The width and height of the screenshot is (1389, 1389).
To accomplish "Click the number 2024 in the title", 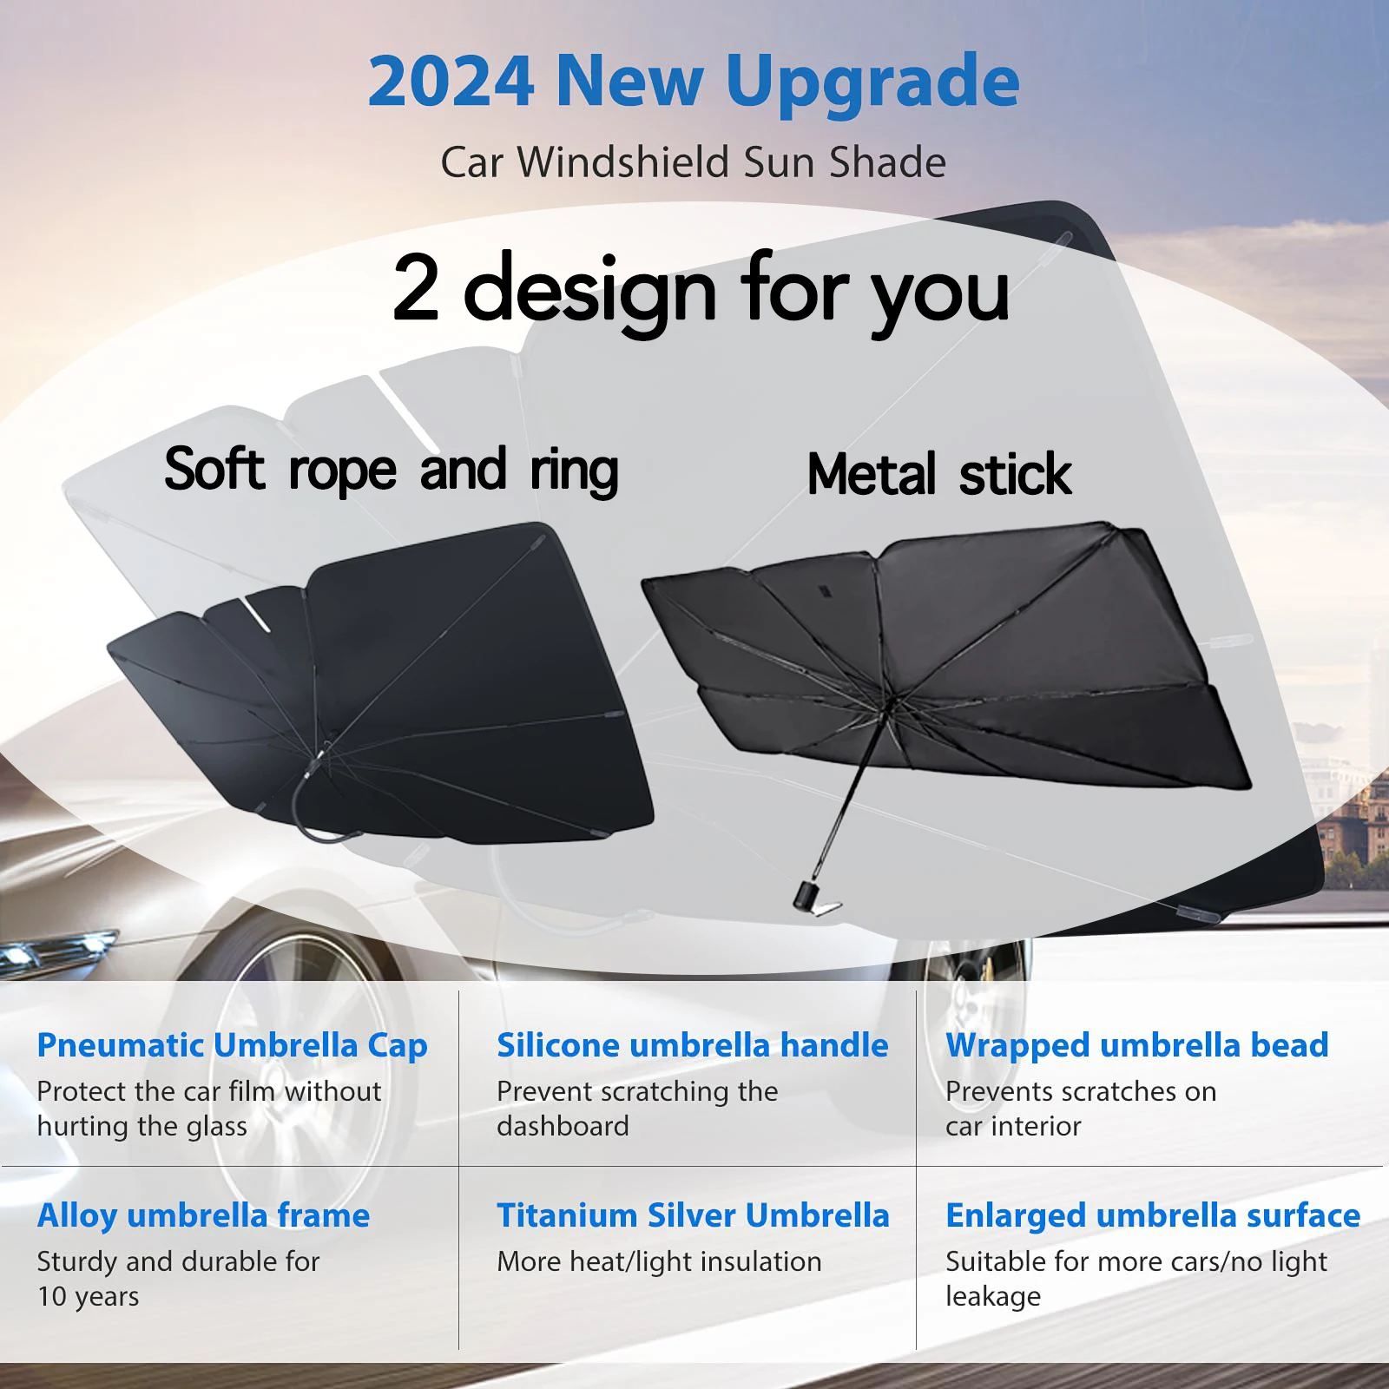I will pyautogui.click(x=451, y=82).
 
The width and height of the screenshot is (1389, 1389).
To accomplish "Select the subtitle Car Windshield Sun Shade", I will pyautogui.click(x=693, y=162).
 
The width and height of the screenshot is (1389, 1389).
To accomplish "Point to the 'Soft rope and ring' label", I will pyautogui.click(x=392, y=470).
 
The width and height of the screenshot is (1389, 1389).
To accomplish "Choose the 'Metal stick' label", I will pyautogui.click(x=939, y=474).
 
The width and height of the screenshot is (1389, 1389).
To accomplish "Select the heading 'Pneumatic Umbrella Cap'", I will pyautogui.click(x=232, y=1045).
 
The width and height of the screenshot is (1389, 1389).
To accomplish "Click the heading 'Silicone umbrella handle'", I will pyautogui.click(x=692, y=1045).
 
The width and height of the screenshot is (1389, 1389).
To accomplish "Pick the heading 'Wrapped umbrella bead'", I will pyautogui.click(x=1136, y=1045).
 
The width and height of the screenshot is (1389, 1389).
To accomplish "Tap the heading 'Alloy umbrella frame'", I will pyautogui.click(x=203, y=1215).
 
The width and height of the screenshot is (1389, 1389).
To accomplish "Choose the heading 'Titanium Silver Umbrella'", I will pyautogui.click(x=693, y=1215).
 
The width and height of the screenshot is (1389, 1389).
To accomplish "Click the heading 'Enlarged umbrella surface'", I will pyautogui.click(x=1152, y=1215).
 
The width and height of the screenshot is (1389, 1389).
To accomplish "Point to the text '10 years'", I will pyautogui.click(x=88, y=1296).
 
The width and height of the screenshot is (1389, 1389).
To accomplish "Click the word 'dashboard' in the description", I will pyautogui.click(x=563, y=1126).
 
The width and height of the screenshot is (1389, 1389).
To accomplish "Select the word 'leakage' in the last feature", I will pyautogui.click(x=992, y=1296).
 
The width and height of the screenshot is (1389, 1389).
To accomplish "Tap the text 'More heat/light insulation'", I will pyautogui.click(x=659, y=1261).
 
